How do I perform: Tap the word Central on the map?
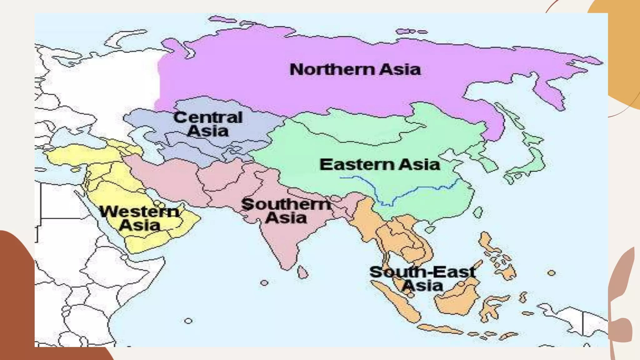coord(208,118)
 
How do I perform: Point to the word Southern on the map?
coord(286,205)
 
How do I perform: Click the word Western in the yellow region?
coord(139,212)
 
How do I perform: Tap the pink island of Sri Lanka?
coord(302,272)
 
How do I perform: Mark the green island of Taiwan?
coord(478,212)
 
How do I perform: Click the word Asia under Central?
coord(208,131)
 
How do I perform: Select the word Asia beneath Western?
coord(140,225)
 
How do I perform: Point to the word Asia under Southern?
coord(286,218)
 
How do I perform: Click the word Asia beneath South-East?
coord(422,286)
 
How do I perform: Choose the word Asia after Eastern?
coord(420,165)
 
